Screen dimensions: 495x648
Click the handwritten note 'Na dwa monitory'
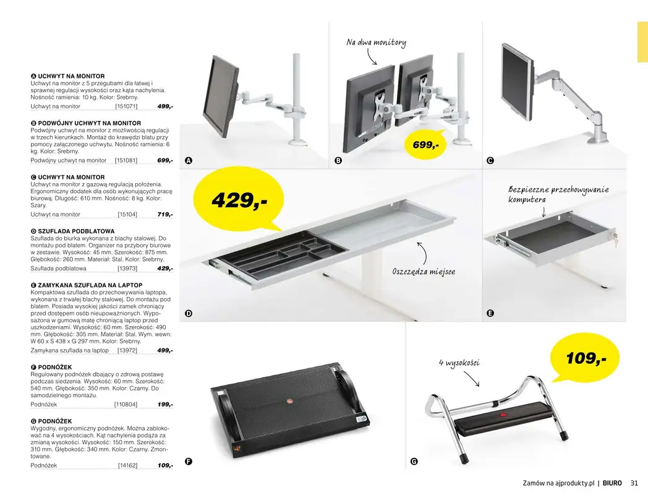pos(376,43)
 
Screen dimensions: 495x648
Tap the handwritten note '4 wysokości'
pos(459,363)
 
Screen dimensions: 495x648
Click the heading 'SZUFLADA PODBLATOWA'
pos(76,231)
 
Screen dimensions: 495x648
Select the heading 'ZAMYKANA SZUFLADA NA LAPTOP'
pos(90,285)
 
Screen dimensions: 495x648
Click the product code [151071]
pos(126,106)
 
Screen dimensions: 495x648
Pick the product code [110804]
pos(126,404)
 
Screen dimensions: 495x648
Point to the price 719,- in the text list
pos(164,215)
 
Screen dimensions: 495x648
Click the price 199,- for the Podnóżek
pos(164,404)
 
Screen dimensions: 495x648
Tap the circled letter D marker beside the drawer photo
pos(189,314)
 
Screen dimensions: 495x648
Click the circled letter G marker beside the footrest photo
pos(414,462)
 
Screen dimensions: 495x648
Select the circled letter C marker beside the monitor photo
pos(490,161)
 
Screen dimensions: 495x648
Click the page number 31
pos(634,483)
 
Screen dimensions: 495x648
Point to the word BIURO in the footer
pos(612,483)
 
